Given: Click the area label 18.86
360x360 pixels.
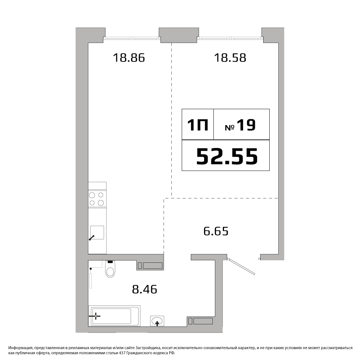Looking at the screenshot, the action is [x=129, y=58].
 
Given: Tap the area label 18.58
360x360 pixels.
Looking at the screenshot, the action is [x=230, y=58].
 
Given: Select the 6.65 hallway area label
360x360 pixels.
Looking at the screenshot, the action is [x=216, y=231].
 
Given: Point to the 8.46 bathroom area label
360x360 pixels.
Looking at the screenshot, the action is [x=144, y=289].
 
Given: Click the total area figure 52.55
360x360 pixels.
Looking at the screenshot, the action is [x=227, y=156].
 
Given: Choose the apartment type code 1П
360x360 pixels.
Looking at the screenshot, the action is [x=198, y=125].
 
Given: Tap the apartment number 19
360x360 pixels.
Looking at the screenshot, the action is [x=246, y=125].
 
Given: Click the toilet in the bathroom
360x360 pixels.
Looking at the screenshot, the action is [x=110, y=269].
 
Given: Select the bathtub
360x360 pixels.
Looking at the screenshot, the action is [x=114, y=315].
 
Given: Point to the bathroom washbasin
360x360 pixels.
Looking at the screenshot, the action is [x=157, y=321].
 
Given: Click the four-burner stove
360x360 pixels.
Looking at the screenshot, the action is [x=97, y=199].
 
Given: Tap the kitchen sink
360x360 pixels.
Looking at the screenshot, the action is [x=97, y=232].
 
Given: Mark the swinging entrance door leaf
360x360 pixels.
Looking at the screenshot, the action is [x=242, y=266].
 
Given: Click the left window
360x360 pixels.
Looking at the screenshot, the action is [x=132, y=39].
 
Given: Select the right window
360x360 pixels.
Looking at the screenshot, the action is [x=230, y=39].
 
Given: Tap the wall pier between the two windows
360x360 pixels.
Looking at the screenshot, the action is [x=179, y=35].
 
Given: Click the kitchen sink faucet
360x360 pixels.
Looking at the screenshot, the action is [x=91, y=238].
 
